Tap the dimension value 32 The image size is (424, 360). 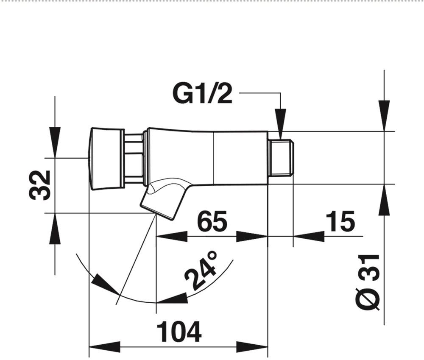coord(40,185)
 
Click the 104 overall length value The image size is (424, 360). coord(179,332)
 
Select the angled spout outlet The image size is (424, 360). coord(163,198)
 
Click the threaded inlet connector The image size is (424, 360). coord(281,157)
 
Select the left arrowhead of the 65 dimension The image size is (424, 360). coord(172,236)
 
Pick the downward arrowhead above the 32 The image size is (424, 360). coord(55,142)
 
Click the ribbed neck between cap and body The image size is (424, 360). coord(134,158)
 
